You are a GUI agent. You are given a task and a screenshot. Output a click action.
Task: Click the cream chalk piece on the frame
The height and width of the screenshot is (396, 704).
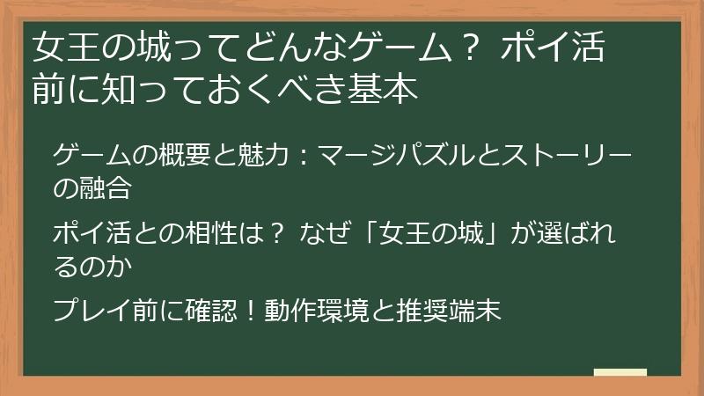click(x=620, y=372)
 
